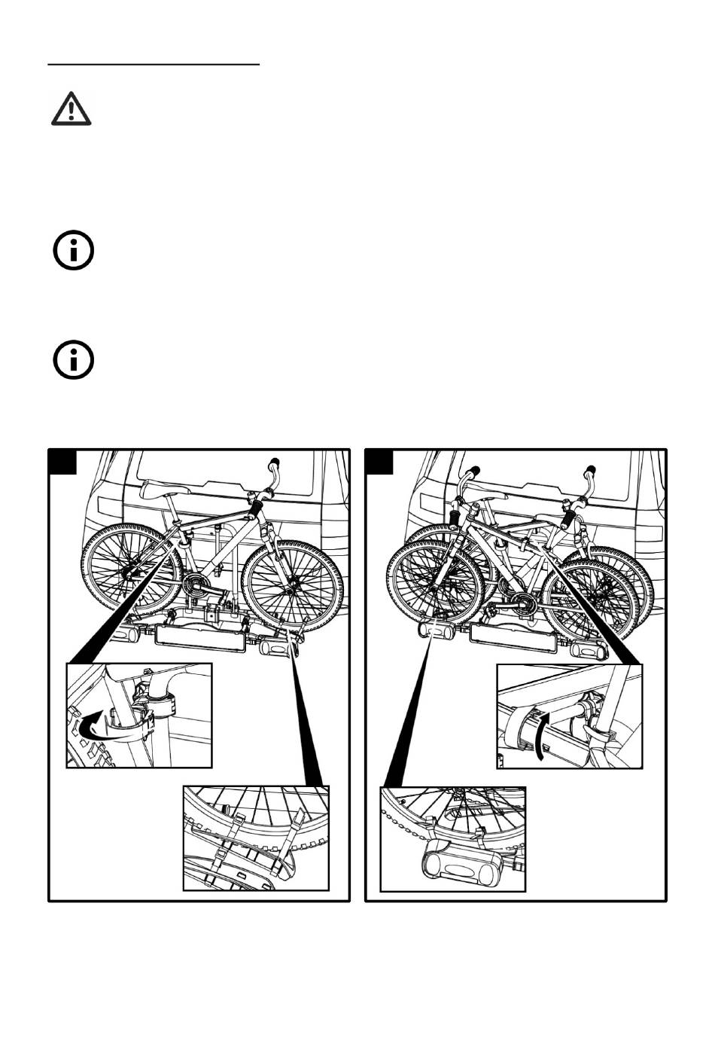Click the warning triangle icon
point(71,108)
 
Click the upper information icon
point(73,250)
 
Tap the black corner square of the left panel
point(63,462)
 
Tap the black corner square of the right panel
point(379,462)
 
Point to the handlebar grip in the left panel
point(275,462)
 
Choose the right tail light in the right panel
point(586,649)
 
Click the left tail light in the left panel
point(135,635)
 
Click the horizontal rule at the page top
point(154,65)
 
